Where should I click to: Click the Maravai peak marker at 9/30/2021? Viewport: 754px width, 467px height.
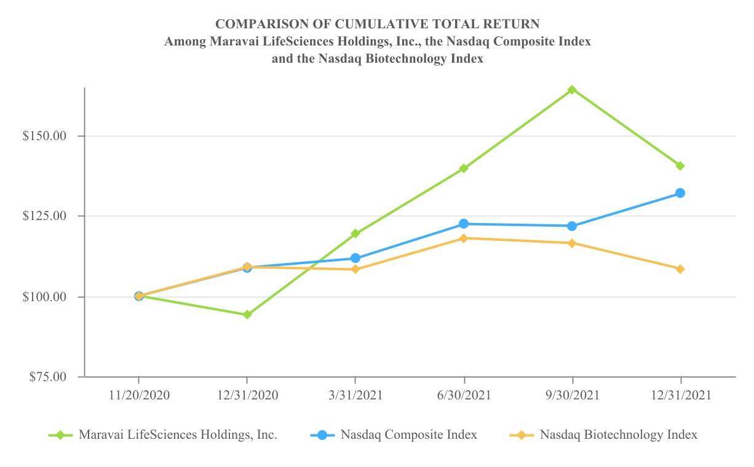pos(572,90)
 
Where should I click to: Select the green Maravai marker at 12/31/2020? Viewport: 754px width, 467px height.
pos(247,315)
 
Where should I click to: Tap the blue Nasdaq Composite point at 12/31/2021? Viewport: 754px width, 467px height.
pos(680,193)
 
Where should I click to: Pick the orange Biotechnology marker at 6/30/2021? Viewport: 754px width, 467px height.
pos(464,238)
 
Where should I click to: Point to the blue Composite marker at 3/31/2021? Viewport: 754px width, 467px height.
pos(355,258)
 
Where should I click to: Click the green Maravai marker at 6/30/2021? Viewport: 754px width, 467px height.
pos(464,168)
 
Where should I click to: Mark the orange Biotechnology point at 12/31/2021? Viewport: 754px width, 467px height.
pos(680,269)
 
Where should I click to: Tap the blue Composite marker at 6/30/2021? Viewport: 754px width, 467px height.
pos(464,224)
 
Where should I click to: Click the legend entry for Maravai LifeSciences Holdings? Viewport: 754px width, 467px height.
pos(178,435)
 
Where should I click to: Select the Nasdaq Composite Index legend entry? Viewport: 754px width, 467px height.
pos(408,435)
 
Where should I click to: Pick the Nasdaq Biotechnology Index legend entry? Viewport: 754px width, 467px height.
pos(618,435)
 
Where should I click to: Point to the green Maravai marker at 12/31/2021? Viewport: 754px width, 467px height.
pos(680,166)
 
